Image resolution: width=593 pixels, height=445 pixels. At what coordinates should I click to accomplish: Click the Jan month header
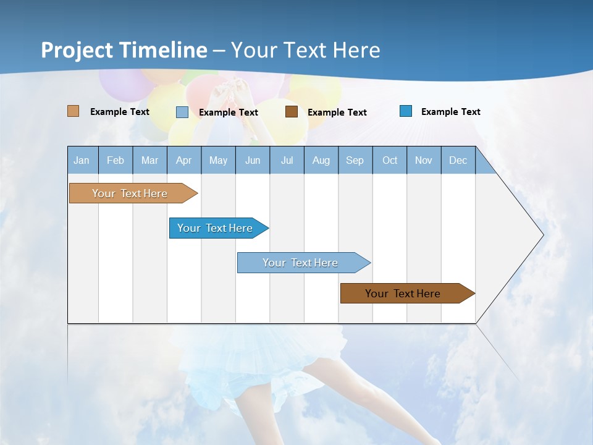tap(82, 160)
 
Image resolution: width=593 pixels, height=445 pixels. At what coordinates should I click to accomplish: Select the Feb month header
tap(116, 160)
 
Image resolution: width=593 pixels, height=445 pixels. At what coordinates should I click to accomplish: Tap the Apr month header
tap(184, 160)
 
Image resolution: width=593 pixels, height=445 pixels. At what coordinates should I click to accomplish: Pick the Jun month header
tap(253, 160)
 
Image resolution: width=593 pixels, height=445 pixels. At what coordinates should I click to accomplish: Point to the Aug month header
tap(321, 160)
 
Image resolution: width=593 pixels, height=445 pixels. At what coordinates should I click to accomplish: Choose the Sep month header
tap(355, 160)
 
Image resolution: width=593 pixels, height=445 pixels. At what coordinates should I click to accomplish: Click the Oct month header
tap(390, 160)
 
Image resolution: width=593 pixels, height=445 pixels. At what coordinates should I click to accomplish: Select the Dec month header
tap(458, 160)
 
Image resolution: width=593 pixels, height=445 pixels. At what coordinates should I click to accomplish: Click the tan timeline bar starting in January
tap(130, 193)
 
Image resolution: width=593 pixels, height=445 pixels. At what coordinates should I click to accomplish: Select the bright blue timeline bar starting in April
tap(215, 228)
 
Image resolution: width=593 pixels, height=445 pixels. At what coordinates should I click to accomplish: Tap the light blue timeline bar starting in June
tap(300, 263)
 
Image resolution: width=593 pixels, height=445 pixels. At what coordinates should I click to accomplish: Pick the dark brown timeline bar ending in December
tap(403, 294)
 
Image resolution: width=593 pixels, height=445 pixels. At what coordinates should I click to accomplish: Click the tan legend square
tap(74, 111)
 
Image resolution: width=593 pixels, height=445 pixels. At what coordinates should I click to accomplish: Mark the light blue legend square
tap(182, 112)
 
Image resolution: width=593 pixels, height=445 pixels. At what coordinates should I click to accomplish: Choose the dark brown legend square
tap(292, 112)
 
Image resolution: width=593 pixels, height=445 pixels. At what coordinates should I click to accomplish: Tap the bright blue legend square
tap(406, 111)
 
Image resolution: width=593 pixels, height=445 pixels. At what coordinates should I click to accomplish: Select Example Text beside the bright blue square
tap(450, 112)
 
